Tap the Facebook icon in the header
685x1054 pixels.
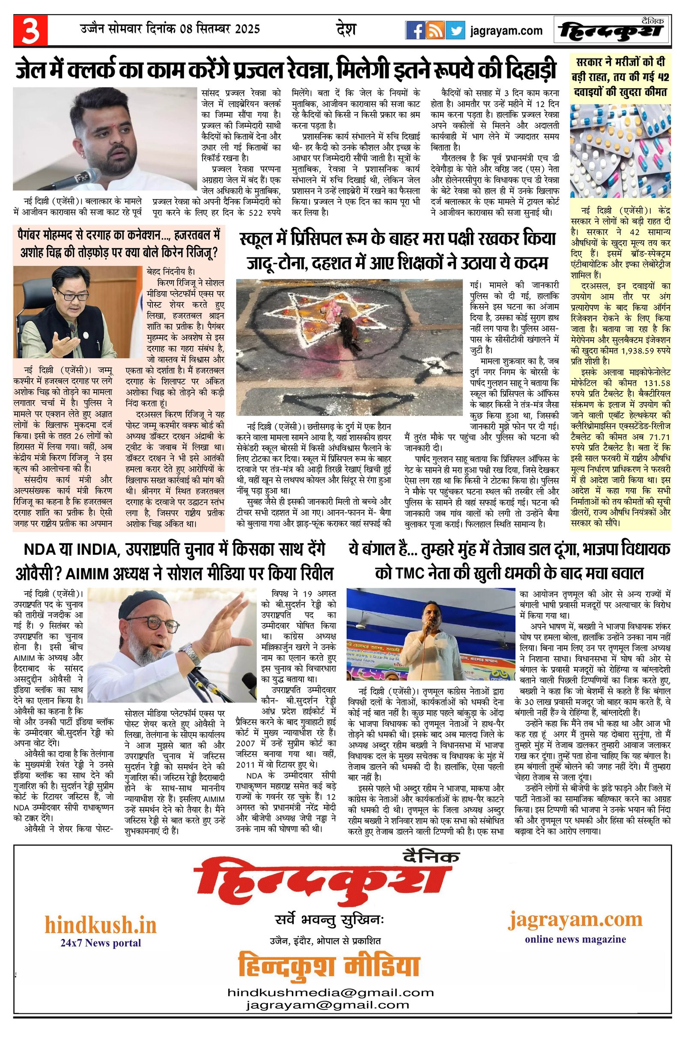(x=416, y=30)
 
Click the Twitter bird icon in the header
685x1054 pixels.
(x=456, y=30)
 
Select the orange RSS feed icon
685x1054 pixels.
(x=436, y=30)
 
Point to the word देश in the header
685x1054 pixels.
(x=346, y=29)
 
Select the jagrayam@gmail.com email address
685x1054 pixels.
(x=328, y=1027)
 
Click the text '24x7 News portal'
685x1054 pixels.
(x=101, y=943)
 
